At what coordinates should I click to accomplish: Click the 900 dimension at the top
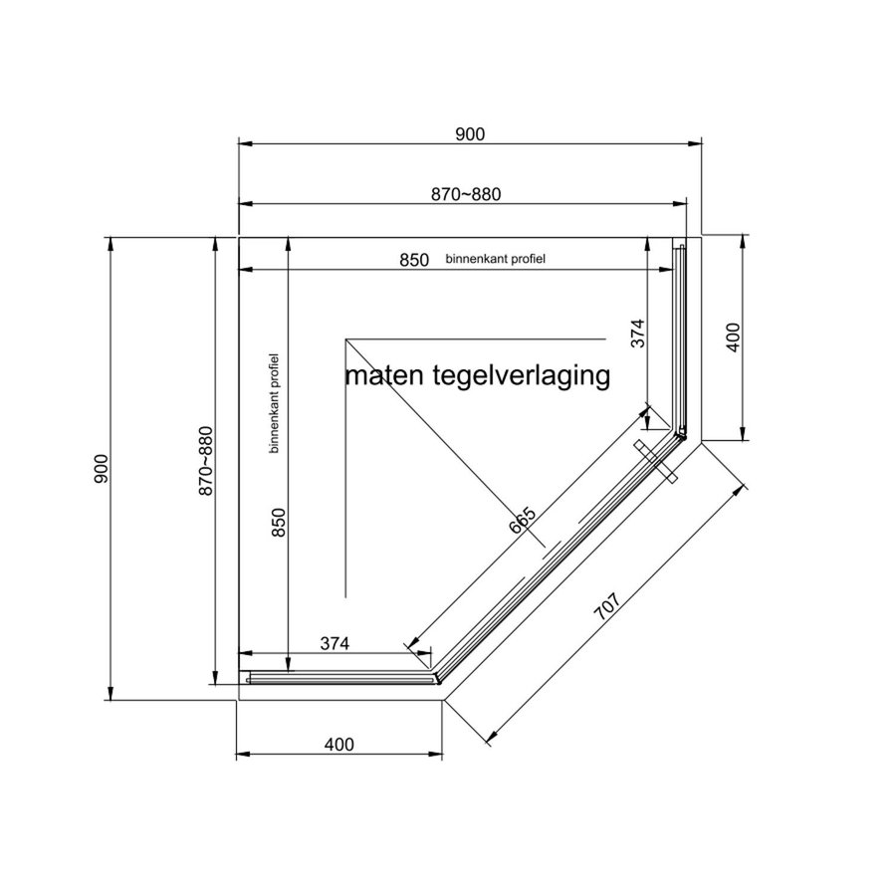(x=469, y=134)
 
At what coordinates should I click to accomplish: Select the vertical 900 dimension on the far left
(x=101, y=468)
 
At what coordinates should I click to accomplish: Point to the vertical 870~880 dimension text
(x=206, y=462)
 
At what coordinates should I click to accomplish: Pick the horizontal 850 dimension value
(x=414, y=260)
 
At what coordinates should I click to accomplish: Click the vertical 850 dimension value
(x=279, y=526)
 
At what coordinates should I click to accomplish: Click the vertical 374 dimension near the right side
(x=639, y=333)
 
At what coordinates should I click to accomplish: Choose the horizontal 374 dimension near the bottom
(x=336, y=643)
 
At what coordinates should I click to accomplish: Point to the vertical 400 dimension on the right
(x=734, y=338)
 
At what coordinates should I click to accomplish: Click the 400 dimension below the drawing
(x=338, y=744)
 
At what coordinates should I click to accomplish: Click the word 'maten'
(x=386, y=377)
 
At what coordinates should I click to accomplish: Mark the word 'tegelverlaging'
(x=522, y=377)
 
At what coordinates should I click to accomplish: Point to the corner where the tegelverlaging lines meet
(x=345, y=339)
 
